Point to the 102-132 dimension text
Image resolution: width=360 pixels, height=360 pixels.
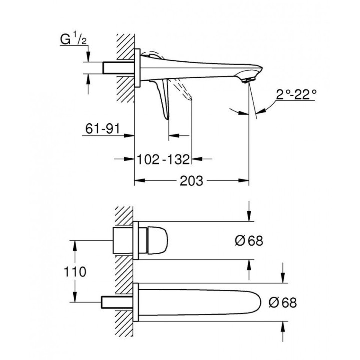[163, 160]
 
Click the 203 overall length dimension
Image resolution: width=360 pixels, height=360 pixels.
[192, 181]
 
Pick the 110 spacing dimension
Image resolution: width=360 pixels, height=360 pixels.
[75, 271]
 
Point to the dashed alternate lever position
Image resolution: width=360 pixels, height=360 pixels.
[184, 92]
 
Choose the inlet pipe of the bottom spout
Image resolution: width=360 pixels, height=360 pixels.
[118, 302]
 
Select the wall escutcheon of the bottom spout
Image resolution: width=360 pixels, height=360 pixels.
[136, 302]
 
